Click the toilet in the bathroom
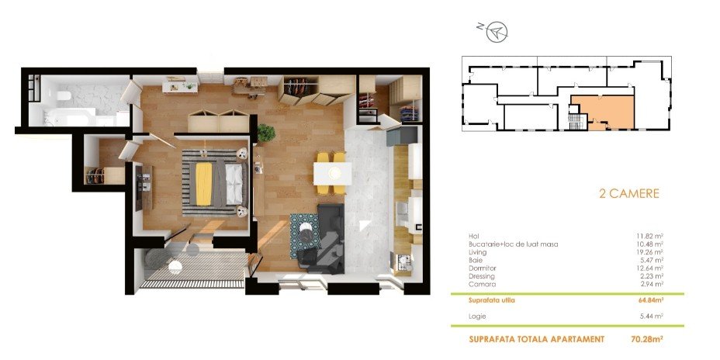pyautogui.click(x=64, y=96)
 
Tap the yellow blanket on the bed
pyautogui.click(x=203, y=184)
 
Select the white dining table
pyautogui.click(x=332, y=174)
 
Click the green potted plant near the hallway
pyautogui.click(x=266, y=133)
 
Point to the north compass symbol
pyautogui.click(x=497, y=32)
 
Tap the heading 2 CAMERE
pyautogui.click(x=629, y=193)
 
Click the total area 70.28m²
pyautogui.click(x=647, y=340)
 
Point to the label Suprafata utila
pyautogui.click(x=492, y=301)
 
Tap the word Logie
pyautogui.click(x=477, y=317)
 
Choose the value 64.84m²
pyautogui.click(x=649, y=301)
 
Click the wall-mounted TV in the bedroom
pyautogui.click(x=139, y=186)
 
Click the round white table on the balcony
pyautogui.click(x=175, y=266)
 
